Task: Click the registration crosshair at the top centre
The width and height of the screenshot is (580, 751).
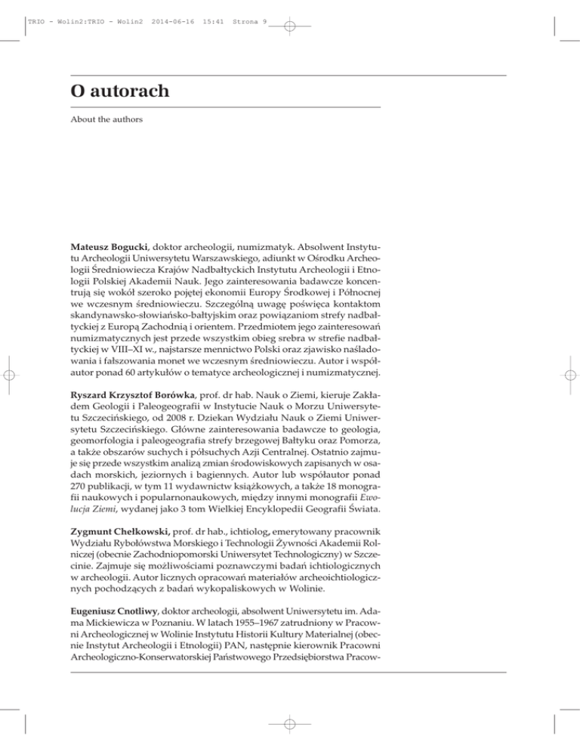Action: [291, 25]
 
